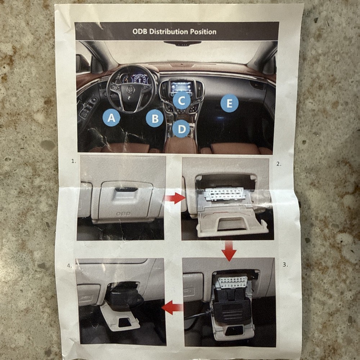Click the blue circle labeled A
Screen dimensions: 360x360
111,118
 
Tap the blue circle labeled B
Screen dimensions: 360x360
155,118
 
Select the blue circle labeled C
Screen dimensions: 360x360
182,101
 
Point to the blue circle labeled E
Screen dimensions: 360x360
229,104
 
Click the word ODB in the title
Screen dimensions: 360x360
140,32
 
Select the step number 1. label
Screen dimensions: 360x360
74,161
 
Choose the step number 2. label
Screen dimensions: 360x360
279,164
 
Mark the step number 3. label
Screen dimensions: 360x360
285,265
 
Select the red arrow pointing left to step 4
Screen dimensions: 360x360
172,307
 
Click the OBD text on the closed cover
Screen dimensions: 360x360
123,213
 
